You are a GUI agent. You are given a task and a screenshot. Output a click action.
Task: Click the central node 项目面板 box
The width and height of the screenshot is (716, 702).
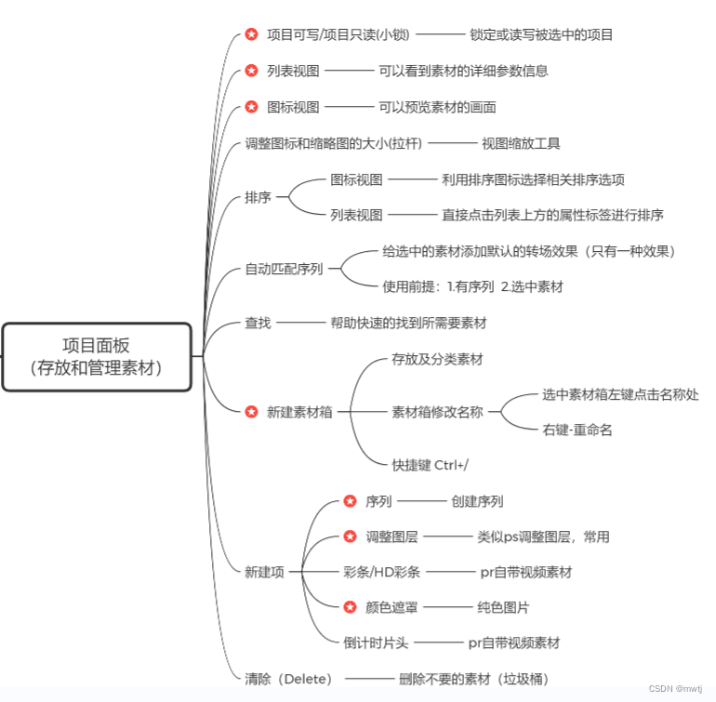(98, 356)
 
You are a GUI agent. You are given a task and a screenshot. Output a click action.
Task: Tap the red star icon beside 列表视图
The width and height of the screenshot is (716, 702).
(252, 71)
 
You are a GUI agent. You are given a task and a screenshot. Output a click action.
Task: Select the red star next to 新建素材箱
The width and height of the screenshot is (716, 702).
(252, 412)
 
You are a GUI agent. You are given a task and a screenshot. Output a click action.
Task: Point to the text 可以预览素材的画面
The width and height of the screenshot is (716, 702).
(437, 107)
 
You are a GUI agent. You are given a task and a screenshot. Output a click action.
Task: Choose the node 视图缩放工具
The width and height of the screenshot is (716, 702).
(521, 143)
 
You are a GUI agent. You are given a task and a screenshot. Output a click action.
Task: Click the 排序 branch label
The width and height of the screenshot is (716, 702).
(259, 197)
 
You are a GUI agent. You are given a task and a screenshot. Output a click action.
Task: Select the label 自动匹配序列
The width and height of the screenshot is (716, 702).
(284, 270)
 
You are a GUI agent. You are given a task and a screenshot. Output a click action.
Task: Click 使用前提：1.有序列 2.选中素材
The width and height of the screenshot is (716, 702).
(472, 287)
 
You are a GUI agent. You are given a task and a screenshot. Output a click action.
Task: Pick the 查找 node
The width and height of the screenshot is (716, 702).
(259, 323)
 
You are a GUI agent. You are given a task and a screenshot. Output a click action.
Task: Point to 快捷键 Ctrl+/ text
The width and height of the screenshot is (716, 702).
(430, 465)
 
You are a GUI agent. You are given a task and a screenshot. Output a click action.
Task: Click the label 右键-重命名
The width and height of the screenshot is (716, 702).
(577, 430)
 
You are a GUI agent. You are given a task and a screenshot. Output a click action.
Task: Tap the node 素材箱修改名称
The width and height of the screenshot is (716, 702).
(438, 412)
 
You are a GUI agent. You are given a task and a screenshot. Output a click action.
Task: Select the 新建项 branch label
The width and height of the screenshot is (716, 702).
(264, 572)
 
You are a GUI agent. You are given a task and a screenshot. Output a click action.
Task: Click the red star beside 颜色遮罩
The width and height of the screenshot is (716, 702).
(351, 607)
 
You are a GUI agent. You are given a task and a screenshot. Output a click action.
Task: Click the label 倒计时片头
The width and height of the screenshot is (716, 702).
(376, 642)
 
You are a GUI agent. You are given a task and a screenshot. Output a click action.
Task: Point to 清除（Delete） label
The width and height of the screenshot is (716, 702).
(289, 679)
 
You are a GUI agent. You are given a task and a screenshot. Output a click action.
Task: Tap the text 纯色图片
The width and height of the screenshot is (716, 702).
(503, 607)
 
